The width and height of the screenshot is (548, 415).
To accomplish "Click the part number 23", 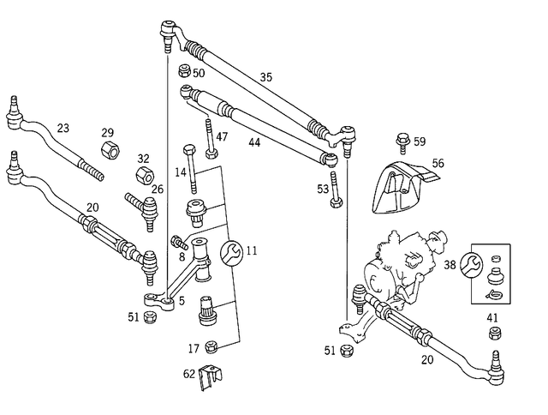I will click(63, 128).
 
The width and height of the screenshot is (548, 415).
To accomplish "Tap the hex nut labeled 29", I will click(110, 152).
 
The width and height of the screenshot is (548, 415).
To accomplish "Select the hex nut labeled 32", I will click(144, 178).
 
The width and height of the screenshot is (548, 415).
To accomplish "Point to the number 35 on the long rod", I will click(266, 77).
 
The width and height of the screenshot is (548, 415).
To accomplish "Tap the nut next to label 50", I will click(184, 72).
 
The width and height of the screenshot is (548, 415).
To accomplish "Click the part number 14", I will click(181, 173).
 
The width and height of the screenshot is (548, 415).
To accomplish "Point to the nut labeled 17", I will click(213, 346).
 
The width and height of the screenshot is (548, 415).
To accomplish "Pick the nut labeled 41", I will click(492, 332).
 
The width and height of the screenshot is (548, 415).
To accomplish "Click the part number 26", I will click(157, 189).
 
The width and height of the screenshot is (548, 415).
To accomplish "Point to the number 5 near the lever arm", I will click(181, 301).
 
